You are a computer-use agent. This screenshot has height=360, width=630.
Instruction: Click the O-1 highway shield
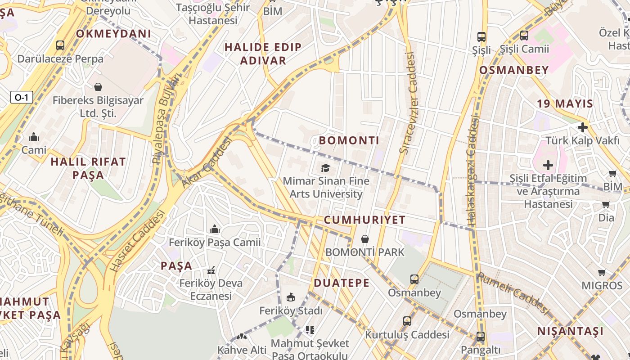pos(22,97)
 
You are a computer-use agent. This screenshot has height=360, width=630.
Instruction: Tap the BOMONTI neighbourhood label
pos(349,140)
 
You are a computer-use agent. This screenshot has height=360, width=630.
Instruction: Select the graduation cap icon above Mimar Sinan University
pos(325,168)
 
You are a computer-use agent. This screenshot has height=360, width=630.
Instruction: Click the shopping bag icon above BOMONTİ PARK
pos(365,238)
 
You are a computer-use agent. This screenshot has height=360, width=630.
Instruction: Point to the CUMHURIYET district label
pos(364,220)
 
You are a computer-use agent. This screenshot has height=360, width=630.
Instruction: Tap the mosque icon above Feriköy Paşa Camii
pos(214,229)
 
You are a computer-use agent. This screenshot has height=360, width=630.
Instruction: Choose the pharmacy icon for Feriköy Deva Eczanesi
pos(211,271)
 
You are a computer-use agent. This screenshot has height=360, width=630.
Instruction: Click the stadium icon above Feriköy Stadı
pos(291,297)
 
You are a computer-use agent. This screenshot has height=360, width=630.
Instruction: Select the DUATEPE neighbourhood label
pos(342,283)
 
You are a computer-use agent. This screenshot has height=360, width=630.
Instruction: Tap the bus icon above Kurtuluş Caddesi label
pos(407,321)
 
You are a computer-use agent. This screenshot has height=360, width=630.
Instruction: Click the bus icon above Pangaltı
pos(481,337)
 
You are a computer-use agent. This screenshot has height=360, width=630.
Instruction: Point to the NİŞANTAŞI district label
pos(570,332)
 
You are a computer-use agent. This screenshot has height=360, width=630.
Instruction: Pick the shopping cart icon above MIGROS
pos(602,272)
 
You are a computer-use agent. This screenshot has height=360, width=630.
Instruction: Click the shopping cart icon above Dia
pos(606,205)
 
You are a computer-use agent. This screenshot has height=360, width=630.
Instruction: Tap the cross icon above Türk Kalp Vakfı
pos(583,127)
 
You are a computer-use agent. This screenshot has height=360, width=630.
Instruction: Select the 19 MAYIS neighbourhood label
pos(565,103)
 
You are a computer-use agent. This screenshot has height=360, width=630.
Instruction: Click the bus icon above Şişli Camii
pos(524,36)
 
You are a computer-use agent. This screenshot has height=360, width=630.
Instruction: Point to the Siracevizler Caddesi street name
pos(408,103)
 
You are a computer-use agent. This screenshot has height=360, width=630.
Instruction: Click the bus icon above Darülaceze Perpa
pos(60,45)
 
